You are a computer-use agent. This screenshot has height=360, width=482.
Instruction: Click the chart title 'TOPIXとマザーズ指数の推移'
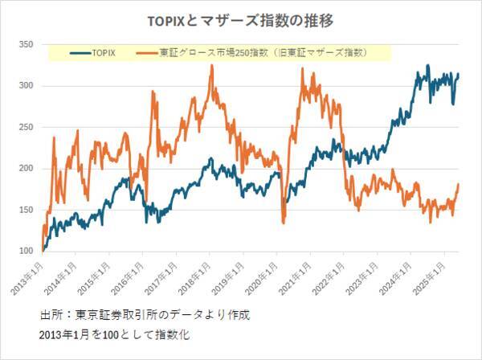tap(241, 18)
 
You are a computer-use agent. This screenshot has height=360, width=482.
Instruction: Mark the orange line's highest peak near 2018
tap(211, 66)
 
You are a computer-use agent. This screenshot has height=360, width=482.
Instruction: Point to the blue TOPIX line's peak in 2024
tap(427, 66)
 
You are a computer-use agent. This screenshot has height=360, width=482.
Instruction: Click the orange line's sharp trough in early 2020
tap(284, 222)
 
